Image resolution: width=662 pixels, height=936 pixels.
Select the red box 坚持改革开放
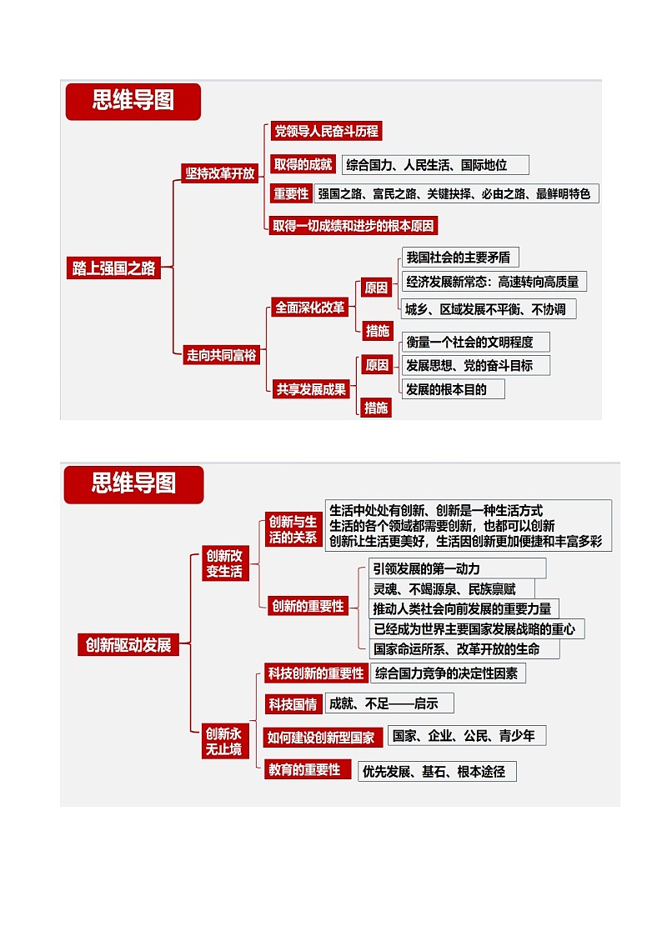(x=220, y=173)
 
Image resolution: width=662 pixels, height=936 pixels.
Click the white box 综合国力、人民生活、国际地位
(x=435, y=165)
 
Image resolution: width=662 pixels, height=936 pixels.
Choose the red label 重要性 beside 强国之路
(x=291, y=194)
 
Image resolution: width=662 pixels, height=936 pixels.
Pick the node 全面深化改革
(x=310, y=307)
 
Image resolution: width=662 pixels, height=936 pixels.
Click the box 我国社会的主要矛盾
(x=460, y=257)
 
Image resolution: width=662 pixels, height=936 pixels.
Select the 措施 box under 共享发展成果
(x=377, y=408)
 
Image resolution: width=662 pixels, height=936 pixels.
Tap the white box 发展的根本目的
(x=453, y=389)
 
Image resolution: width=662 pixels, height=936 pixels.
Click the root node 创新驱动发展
(x=128, y=644)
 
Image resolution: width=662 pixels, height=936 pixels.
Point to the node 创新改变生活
(x=224, y=563)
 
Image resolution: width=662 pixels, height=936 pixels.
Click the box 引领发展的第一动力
(x=457, y=568)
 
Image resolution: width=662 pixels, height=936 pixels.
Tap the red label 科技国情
(x=293, y=704)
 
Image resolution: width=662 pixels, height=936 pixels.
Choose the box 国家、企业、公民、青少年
(x=467, y=735)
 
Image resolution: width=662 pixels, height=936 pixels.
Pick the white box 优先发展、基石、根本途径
(x=437, y=771)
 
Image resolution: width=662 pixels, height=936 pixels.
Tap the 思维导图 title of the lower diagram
(x=133, y=483)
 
